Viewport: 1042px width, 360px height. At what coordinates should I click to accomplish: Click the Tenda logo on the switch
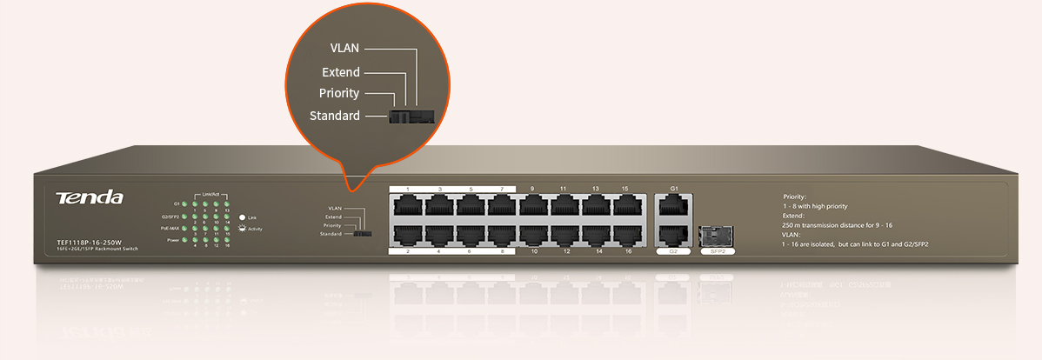(x=90, y=198)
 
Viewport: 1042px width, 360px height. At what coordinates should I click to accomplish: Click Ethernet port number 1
(x=407, y=205)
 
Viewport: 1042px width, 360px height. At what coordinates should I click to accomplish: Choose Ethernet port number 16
(x=627, y=234)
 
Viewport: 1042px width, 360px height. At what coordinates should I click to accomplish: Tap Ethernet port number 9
(x=532, y=205)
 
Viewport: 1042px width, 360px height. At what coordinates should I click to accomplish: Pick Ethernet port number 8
(x=501, y=234)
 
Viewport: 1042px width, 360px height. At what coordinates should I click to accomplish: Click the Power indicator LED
(x=184, y=240)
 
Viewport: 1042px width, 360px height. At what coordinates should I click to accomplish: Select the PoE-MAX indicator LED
(x=184, y=228)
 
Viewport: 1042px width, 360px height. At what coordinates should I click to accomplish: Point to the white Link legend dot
(x=242, y=217)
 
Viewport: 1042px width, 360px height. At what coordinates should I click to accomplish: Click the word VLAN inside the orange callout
(x=344, y=47)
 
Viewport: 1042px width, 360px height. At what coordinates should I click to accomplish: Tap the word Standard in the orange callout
(x=335, y=116)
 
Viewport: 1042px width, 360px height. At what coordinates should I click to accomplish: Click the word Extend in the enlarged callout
(x=340, y=72)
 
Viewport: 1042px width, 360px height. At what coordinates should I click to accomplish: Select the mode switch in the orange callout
(x=411, y=115)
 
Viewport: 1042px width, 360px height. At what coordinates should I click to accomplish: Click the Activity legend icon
(x=242, y=229)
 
